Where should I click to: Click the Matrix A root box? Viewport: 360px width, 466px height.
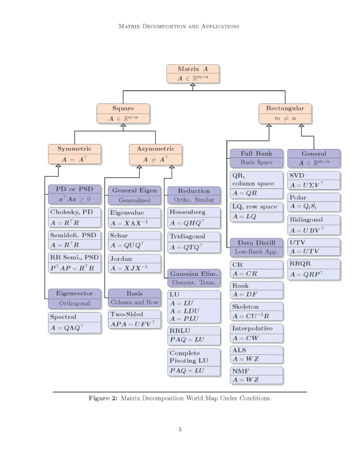[193, 74]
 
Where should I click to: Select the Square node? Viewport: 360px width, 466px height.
[123, 113]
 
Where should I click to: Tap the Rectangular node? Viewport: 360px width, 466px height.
[285, 113]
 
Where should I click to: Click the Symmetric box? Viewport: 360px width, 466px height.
[74, 154]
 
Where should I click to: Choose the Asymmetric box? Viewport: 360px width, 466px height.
[156, 154]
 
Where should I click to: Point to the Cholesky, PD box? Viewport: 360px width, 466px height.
[74, 217]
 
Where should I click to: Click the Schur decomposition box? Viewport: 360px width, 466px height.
[134, 241]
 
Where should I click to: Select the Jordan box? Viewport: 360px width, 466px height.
[134, 264]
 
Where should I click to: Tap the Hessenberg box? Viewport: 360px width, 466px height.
[194, 217]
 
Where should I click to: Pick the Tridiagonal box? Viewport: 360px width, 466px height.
[194, 242]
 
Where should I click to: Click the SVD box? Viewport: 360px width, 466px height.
[314, 180]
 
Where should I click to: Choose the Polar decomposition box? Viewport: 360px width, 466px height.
[314, 202]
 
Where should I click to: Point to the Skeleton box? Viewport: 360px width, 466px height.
[256, 311]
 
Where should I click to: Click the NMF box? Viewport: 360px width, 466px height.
[256, 376]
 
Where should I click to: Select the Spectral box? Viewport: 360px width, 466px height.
[74, 323]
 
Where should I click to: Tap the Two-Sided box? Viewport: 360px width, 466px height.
[134, 319]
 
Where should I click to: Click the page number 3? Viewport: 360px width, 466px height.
[180, 429]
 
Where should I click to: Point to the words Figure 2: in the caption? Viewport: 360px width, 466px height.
[103, 398]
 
